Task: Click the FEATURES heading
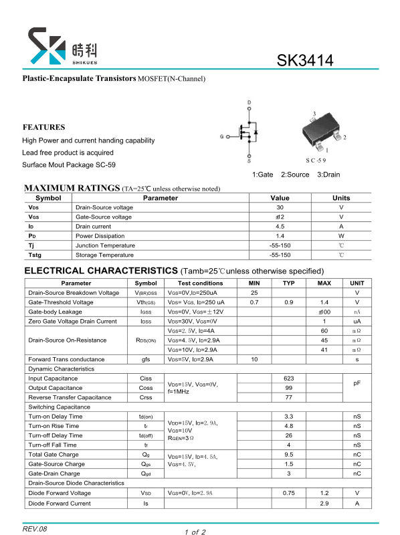44,127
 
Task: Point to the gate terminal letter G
221,136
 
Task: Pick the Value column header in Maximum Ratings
280,198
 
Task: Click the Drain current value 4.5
280,226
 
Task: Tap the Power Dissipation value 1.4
280,236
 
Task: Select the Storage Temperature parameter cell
99,255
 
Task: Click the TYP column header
288,283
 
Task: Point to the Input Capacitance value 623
288,379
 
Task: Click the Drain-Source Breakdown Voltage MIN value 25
254,293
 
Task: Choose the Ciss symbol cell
146,379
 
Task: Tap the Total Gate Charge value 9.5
288,455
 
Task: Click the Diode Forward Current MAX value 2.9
324,503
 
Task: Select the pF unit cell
357,383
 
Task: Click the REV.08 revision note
35,528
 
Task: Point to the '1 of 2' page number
195,532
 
